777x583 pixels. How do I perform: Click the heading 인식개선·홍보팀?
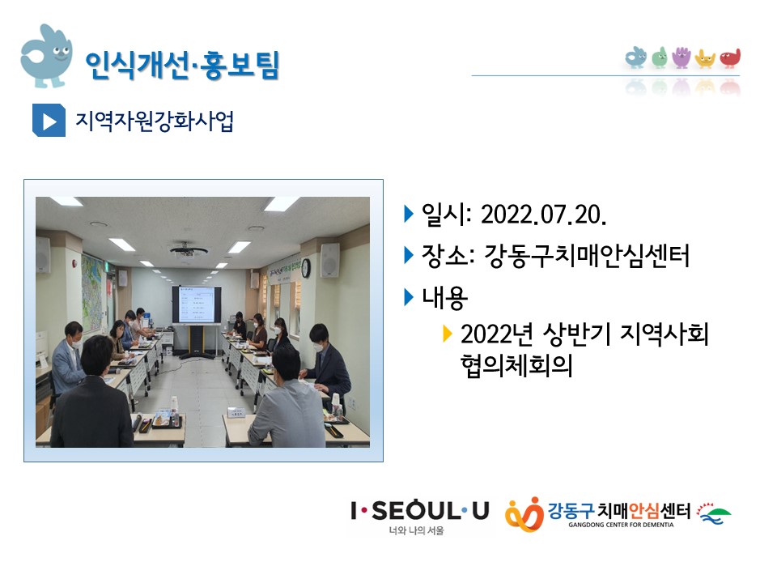pyautogui.click(x=182, y=65)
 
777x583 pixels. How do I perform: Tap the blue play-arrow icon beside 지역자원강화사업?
pyautogui.click(x=49, y=120)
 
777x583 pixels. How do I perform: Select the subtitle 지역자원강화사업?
pyautogui.click(x=154, y=121)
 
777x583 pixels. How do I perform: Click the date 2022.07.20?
pyautogui.click(x=544, y=215)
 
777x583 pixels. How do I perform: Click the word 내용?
pyautogui.click(x=444, y=298)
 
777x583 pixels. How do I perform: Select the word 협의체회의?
pyautogui.click(x=516, y=365)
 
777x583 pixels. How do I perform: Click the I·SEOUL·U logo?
pyautogui.click(x=420, y=511)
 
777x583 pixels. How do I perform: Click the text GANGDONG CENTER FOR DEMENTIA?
pyautogui.click(x=621, y=525)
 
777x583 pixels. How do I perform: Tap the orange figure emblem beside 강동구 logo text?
pyautogui.click(x=524, y=513)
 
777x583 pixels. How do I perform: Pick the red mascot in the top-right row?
pyautogui.click(x=730, y=57)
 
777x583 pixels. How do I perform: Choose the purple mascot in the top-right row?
pyautogui.click(x=681, y=57)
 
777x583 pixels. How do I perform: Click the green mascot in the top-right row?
pyautogui.click(x=659, y=57)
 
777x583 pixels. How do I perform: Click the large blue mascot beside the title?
pyautogui.click(x=46, y=56)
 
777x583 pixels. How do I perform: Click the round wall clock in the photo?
pyautogui.click(x=306, y=268)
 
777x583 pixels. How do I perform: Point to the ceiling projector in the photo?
pyautogui.click(x=189, y=250)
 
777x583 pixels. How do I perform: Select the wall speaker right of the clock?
pyautogui.click(x=329, y=260)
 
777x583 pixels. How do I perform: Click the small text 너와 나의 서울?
pyautogui.click(x=416, y=530)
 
